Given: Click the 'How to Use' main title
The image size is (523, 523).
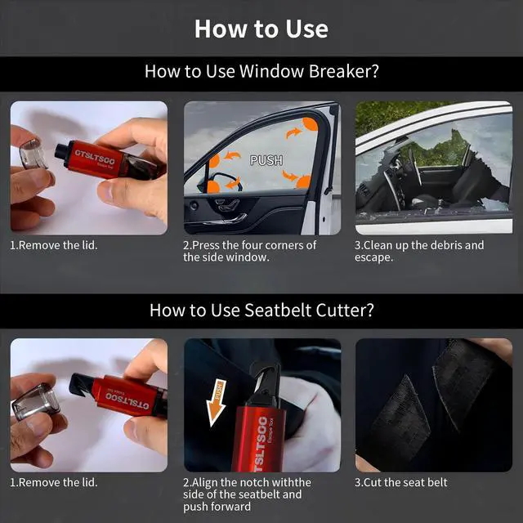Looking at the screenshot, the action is pos(261,29).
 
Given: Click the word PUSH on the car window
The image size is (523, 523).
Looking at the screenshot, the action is pos(266,160).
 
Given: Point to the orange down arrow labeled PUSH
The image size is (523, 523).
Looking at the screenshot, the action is pos(216,402).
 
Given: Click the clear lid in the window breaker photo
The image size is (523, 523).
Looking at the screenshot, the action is pos(33,154).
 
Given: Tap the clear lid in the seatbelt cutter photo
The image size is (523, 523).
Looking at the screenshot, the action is pos(35,401).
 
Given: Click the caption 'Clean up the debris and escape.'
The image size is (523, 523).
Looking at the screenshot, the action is pos(419,251).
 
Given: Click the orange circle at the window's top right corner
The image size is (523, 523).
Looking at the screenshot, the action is pos(311,124).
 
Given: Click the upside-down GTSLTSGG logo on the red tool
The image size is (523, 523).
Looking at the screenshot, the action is pos(127,400).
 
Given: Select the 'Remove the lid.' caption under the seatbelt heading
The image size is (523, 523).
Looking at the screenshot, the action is pos(54,482).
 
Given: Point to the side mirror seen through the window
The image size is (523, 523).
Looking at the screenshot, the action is pos(220,182).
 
